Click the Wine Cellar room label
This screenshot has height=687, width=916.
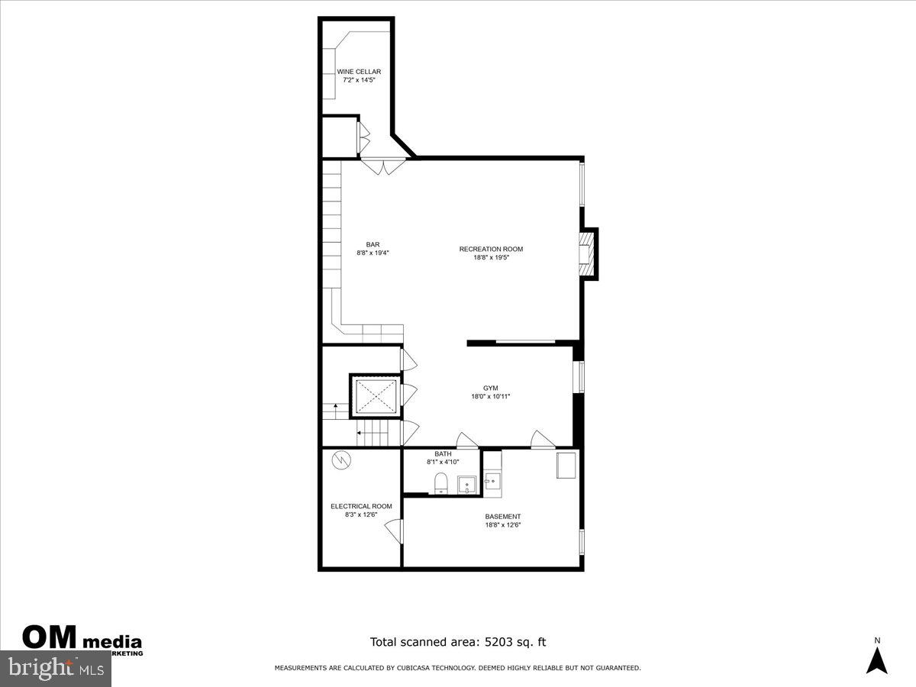[359, 72]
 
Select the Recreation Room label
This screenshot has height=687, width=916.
[491, 249]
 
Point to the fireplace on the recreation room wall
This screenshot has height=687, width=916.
[586, 253]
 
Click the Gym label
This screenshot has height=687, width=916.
[490, 388]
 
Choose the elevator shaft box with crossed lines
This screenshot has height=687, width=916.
[375, 395]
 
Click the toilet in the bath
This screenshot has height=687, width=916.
[440, 483]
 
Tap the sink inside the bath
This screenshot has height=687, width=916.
[466, 485]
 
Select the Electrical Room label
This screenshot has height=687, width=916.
[361, 506]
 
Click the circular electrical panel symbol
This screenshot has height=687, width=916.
[340, 460]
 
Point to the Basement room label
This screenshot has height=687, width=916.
[503, 517]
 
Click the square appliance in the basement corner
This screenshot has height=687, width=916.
[566, 465]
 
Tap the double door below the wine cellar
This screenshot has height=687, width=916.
[379, 164]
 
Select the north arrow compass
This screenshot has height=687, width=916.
[876, 656]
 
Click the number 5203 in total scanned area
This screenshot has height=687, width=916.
[501, 642]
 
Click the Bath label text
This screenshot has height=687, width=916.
[443, 454]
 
